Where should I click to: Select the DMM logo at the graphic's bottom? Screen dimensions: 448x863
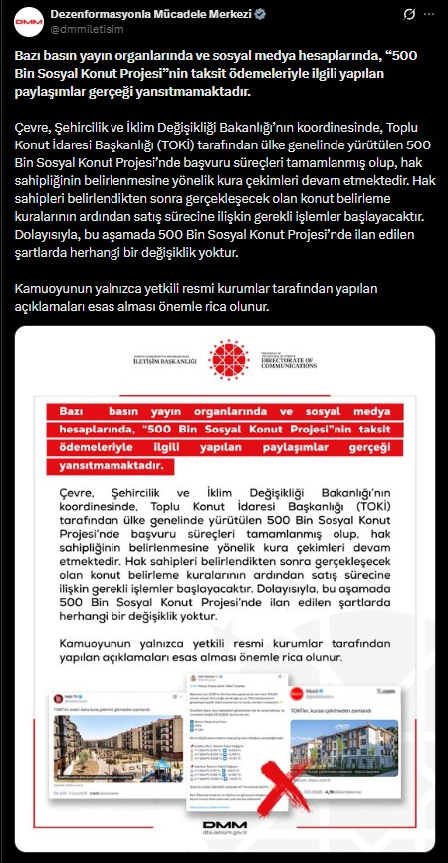(224, 828)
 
